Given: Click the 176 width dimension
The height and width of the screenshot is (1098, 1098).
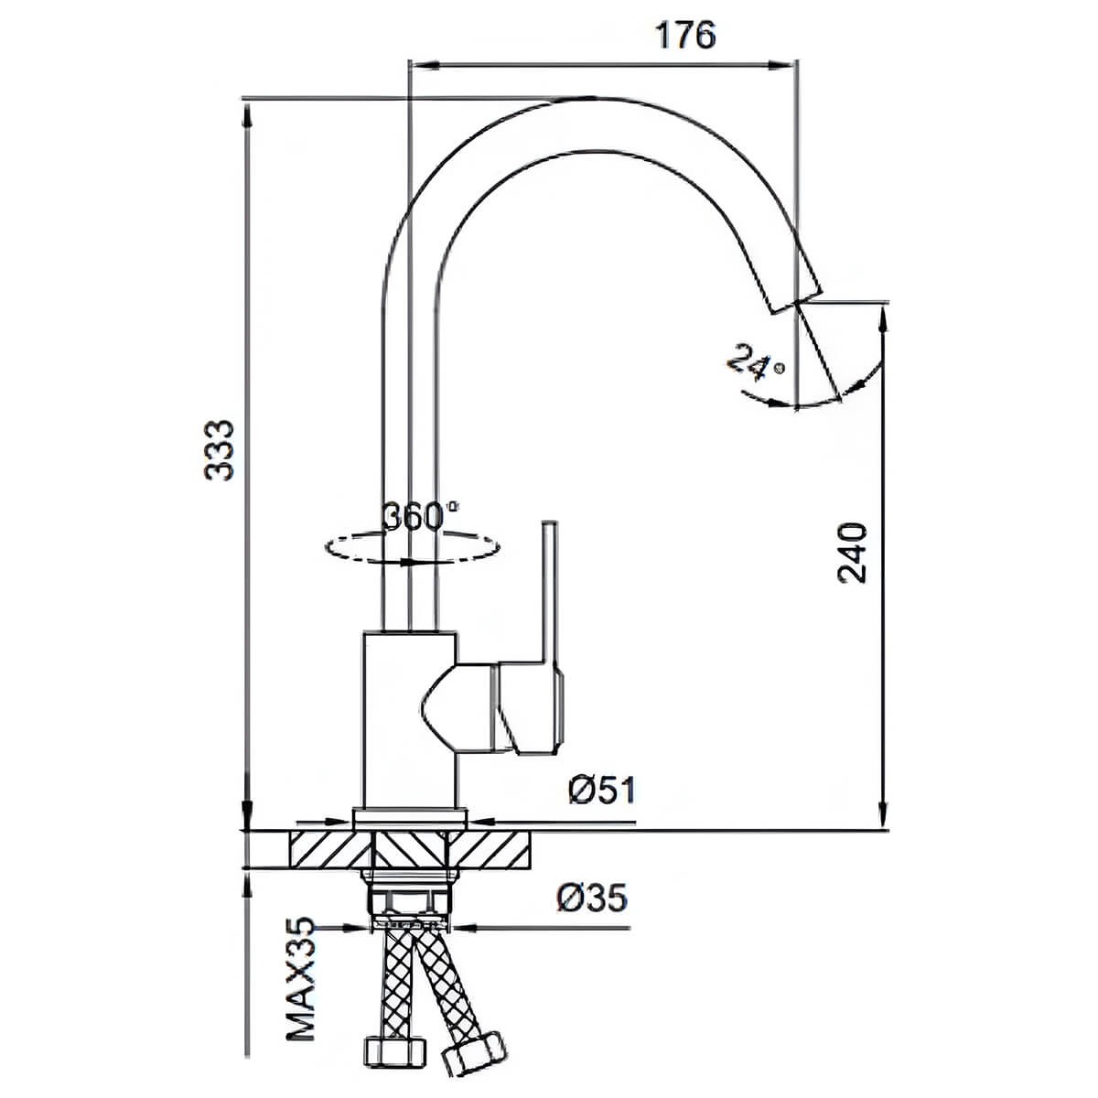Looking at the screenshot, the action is [685, 36].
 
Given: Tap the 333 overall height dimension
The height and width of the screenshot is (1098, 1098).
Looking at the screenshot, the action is [220, 451].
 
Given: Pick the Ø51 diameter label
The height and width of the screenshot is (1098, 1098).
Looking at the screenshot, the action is [602, 791].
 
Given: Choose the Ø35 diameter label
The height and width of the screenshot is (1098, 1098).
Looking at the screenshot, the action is [591, 898].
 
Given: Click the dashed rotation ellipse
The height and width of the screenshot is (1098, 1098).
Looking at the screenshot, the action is [413, 547].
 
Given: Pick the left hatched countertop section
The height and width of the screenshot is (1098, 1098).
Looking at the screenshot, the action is [330, 849].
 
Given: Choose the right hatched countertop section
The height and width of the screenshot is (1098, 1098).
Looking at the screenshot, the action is [490, 849].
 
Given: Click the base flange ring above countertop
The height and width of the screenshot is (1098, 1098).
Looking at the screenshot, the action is [410, 819].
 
